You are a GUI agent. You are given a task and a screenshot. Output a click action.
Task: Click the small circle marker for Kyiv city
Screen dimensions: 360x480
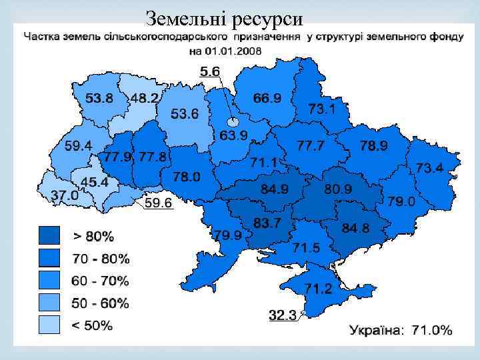(x=233, y=122)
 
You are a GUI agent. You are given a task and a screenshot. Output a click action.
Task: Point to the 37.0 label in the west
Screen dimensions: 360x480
(x=65, y=196)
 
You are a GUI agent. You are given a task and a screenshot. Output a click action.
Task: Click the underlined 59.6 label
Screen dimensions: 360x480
(x=159, y=203)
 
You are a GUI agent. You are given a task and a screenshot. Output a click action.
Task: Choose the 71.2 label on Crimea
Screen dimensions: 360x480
(x=319, y=289)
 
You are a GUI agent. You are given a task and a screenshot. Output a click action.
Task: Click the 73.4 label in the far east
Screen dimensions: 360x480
(x=429, y=168)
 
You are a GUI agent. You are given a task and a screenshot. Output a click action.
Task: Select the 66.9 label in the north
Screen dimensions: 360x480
(x=267, y=98)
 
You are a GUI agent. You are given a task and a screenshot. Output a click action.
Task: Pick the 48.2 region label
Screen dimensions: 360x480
(x=144, y=98)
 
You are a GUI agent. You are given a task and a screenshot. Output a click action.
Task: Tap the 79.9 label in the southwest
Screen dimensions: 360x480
(x=227, y=235)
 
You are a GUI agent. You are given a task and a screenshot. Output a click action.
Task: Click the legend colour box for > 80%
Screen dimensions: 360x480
(x=48, y=236)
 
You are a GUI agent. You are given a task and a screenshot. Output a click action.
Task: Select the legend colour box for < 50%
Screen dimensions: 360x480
(x=48, y=325)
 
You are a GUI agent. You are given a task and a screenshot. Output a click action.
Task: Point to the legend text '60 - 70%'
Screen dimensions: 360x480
(x=101, y=281)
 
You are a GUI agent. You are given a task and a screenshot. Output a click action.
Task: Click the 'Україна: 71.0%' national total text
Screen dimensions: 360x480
(x=400, y=330)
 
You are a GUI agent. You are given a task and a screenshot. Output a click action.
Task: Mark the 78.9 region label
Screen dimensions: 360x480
(x=373, y=145)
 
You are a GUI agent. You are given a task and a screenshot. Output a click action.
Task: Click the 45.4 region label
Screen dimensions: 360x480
(x=95, y=181)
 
